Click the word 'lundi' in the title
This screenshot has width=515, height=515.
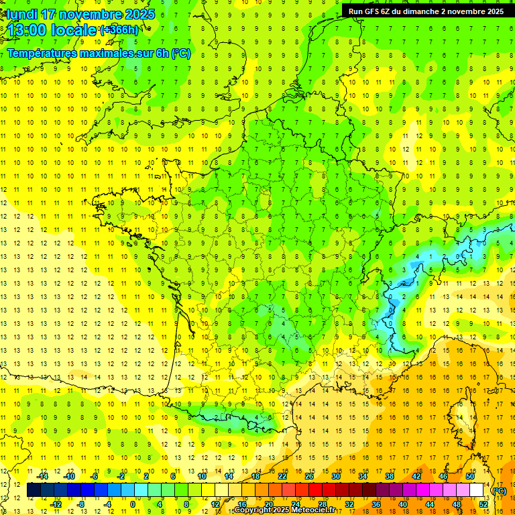(x=22, y=14)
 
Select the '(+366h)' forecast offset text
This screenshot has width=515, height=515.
(x=119, y=30)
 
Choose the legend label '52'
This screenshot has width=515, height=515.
(x=483, y=504)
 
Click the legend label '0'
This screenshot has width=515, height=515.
(x=132, y=504)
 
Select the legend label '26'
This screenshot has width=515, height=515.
(x=309, y=476)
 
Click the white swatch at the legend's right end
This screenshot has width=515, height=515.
(x=477, y=490)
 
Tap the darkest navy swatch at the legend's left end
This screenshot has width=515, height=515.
(x=34, y=490)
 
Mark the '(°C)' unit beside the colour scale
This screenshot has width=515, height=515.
(x=500, y=491)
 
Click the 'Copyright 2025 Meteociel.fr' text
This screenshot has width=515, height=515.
(x=284, y=510)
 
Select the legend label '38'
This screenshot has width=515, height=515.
(x=390, y=476)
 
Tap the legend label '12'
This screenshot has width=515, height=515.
(x=215, y=504)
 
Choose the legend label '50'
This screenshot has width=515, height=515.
(x=470, y=476)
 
